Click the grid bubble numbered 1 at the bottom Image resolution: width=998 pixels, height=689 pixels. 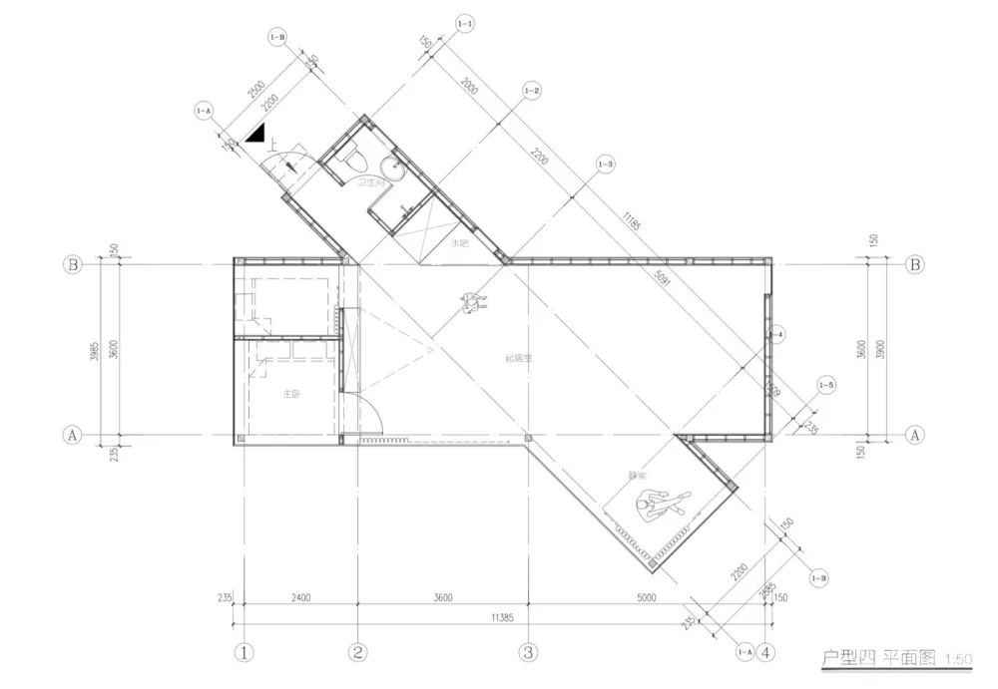[x=245, y=653]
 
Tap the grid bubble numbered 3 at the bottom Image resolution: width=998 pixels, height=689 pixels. [x=528, y=653]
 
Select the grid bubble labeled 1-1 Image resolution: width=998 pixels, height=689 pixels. [x=464, y=22]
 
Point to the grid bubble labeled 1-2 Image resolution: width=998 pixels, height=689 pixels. [x=531, y=91]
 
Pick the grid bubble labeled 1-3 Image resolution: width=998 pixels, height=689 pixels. [x=604, y=163]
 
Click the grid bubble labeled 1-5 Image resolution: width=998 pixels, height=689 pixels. [x=825, y=385]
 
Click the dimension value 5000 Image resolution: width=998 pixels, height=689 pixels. [x=646, y=598]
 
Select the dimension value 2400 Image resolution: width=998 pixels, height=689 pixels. [x=300, y=598]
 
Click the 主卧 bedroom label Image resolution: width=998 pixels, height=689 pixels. [x=290, y=394]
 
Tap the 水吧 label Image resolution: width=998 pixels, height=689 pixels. [x=459, y=242]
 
